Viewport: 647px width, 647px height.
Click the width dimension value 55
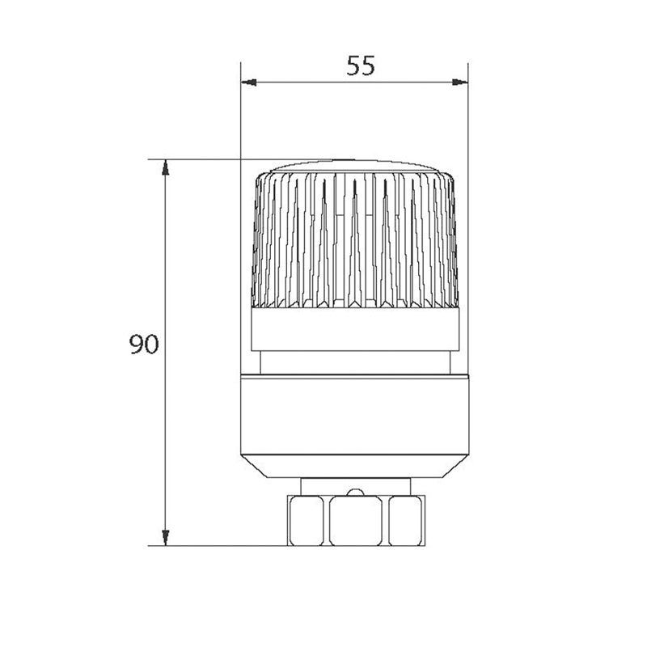[x=361, y=66]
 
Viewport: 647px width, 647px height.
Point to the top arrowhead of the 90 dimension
[x=165, y=167]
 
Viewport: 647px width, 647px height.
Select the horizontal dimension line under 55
[x=356, y=82]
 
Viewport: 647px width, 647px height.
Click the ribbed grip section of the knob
[x=356, y=243]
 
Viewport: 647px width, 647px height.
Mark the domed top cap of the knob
[x=356, y=167]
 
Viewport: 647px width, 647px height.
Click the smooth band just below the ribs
[x=356, y=332]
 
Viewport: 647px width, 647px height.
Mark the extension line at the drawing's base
[x=218, y=545]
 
